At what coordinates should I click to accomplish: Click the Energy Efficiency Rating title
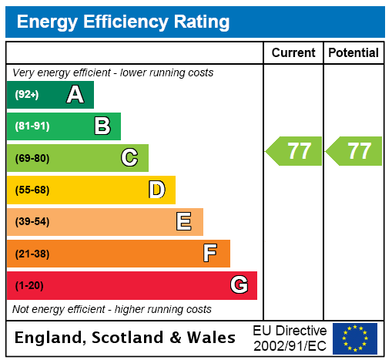(x=123, y=22)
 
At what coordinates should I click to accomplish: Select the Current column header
(x=293, y=53)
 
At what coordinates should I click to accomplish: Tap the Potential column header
(x=353, y=53)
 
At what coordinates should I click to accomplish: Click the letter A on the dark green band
(x=75, y=95)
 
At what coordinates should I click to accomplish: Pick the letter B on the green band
(x=102, y=126)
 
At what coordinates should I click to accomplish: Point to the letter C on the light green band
(x=129, y=158)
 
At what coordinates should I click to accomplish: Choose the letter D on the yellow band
(x=156, y=190)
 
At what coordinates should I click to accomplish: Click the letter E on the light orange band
(x=183, y=222)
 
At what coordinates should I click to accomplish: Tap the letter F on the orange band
(x=209, y=254)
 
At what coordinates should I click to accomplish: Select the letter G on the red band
(x=239, y=285)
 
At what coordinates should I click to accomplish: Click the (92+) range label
(x=27, y=95)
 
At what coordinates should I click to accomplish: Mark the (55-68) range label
(x=32, y=190)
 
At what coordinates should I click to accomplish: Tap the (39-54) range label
(x=32, y=222)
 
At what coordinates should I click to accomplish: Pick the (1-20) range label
(x=29, y=285)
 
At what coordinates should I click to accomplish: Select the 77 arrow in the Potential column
(x=355, y=151)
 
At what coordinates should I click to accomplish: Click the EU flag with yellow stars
(x=355, y=338)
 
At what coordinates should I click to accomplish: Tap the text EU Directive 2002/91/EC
(x=290, y=338)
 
